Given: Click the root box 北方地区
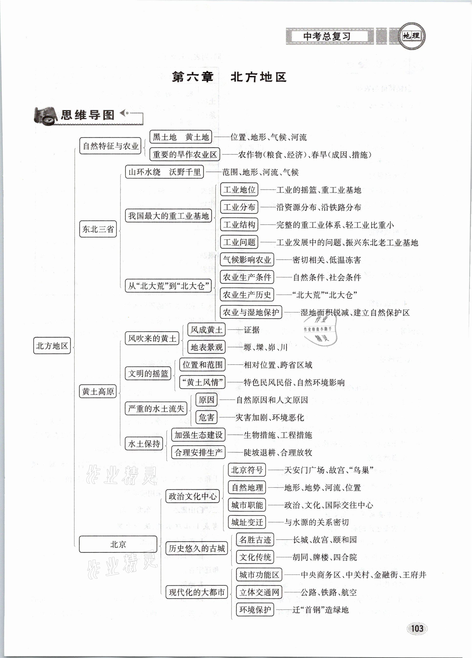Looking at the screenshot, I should pyautogui.click(x=52, y=345).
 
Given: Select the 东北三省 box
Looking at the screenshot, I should pyautogui.click(x=98, y=229).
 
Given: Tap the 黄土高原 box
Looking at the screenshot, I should pyautogui.click(x=98, y=392).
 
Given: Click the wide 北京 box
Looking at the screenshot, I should pyautogui.click(x=118, y=544).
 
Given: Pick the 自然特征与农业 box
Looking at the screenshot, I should pyautogui.click(x=110, y=146).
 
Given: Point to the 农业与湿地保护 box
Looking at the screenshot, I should pyautogui.click(x=251, y=312).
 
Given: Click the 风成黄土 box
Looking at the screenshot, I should pyautogui.click(x=206, y=330).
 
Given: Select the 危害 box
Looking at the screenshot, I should pyautogui.click(x=206, y=418).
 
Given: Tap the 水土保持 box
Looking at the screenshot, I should pyautogui.click(x=144, y=444).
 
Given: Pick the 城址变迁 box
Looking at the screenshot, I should pyautogui.click(x=247, y=522).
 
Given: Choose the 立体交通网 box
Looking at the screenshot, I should pyautogui.click(x=259, y=592).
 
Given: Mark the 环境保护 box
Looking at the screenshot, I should pyautogui.click(x=255, y=610).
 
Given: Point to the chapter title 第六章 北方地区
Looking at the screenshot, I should pyautogui.click(x=229, y=77).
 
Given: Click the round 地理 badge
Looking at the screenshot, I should pyautogui.click(x=411, y=36).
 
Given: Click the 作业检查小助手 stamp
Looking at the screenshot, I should pyautogui.click(x=320, y=330).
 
